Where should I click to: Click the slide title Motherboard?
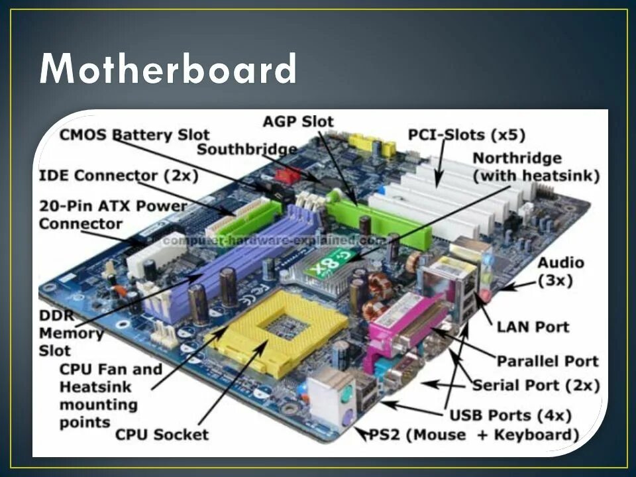pos(168,69)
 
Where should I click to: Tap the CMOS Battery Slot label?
pos(134,135)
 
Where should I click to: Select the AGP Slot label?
pos(298,121)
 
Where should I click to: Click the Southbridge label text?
pos(246,148)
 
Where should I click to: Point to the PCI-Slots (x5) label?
pos(466,135)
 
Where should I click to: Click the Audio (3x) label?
pos(560,271)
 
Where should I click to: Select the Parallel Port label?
pos(548,362)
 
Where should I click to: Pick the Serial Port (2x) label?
pos(536,386)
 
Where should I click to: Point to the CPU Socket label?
pos(162,435)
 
